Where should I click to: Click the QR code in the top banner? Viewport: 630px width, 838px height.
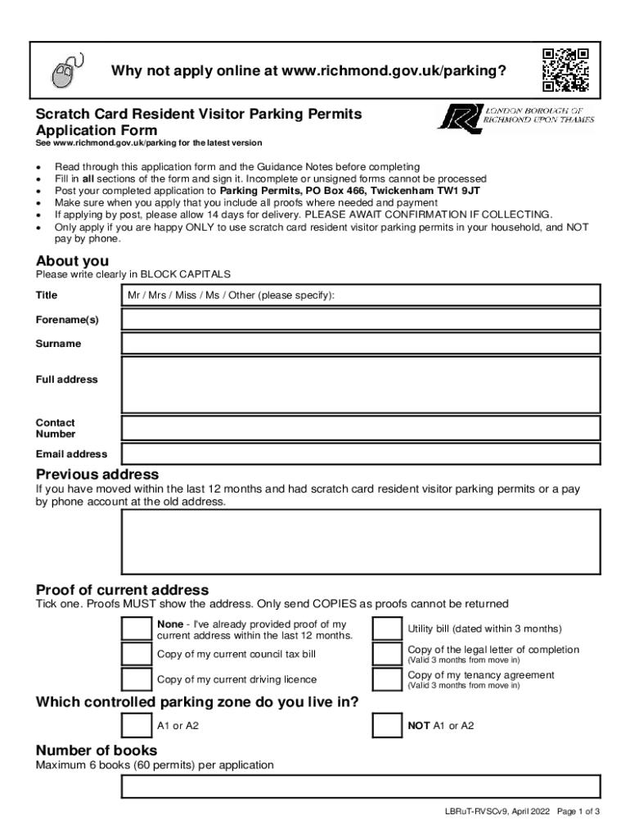click(566, 70)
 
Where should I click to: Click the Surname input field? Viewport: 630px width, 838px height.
click(361, 344)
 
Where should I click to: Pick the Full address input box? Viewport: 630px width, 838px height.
click(361, 385)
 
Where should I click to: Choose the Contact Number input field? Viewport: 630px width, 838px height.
click(361, 428)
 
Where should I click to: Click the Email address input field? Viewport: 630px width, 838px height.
click(361, 453)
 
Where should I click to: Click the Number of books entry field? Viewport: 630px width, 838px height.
click(361, 786)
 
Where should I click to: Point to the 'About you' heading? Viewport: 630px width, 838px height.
click(73, 261)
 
